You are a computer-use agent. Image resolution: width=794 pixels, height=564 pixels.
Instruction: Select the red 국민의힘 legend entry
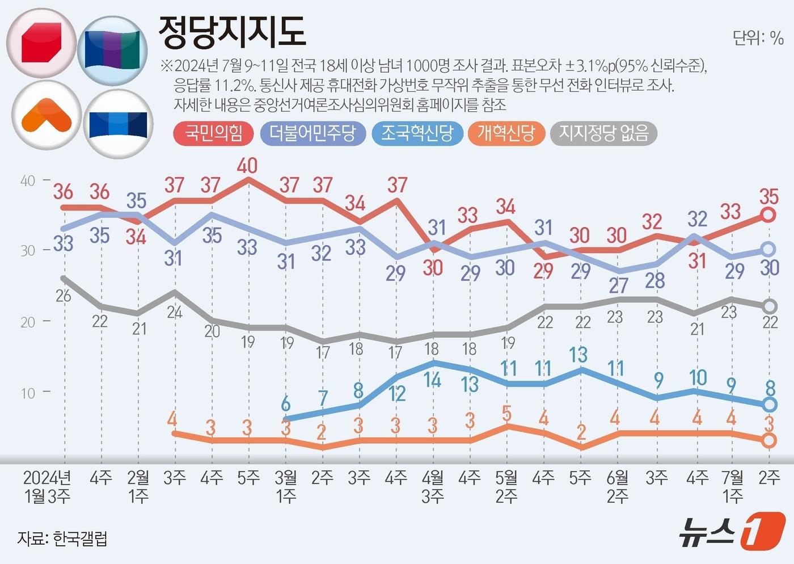214,133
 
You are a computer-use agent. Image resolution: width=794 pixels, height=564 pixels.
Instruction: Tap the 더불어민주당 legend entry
312,133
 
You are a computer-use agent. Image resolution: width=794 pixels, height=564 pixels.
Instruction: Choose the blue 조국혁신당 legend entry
417,133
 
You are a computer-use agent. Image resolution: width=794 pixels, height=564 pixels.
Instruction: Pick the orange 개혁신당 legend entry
506,133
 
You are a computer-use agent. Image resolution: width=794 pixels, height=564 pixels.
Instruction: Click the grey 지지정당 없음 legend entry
603,133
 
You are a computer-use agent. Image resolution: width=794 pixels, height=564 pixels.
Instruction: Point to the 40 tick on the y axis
28,181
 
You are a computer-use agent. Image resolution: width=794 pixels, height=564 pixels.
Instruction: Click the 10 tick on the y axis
28,393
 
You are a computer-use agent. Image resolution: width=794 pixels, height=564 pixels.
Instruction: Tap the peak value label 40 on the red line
247,166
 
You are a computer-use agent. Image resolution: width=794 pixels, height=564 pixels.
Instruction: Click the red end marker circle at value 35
768,215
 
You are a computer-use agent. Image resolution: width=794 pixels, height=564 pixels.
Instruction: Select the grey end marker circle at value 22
769,306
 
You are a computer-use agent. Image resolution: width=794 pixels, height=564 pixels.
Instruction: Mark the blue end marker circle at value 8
769,405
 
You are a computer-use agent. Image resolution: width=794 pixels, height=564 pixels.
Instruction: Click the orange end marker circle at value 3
769,440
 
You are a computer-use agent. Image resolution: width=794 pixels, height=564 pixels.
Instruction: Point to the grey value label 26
64,295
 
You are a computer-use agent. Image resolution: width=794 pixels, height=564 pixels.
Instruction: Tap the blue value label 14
432,380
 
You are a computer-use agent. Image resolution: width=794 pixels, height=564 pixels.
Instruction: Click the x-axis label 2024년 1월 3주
47,487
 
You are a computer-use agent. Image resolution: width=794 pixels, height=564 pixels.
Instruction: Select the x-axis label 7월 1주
732,487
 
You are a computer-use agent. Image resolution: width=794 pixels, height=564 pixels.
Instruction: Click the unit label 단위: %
758,39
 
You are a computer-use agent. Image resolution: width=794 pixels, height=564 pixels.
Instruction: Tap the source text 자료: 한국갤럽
62,538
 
